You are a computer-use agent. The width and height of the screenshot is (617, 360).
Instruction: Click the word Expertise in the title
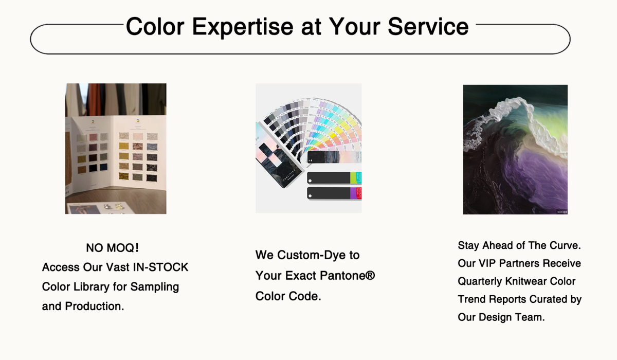[242, 27]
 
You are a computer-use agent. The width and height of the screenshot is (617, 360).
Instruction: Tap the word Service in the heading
[428, 26]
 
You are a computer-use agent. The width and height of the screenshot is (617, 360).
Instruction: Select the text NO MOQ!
[113, 248]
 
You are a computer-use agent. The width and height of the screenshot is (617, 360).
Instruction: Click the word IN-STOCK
[160, 267]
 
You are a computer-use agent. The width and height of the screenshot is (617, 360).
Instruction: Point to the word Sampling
[155, 287]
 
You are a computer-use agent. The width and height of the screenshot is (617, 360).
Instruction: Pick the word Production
[95, 307]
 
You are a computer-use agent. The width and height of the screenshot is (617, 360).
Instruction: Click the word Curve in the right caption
[565, 245]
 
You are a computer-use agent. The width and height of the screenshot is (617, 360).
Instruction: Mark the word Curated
[548, 299]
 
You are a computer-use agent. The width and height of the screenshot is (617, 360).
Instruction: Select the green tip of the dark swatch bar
[353, 178]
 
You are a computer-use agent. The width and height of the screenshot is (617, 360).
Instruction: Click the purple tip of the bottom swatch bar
[353, 193]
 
